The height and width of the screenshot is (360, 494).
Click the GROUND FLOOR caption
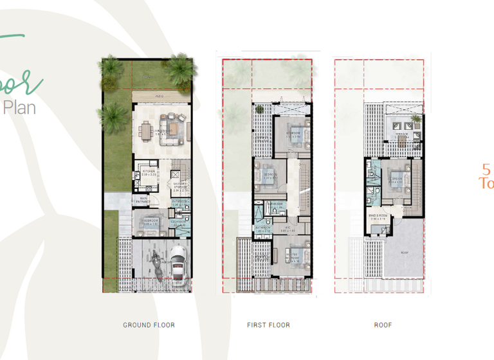point(149,325)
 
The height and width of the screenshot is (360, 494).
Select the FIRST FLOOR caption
point(268,325)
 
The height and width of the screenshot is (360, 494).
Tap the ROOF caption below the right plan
point(383,325)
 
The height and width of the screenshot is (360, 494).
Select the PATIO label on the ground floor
point(158,96)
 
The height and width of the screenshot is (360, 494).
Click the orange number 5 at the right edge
point(486,170)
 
